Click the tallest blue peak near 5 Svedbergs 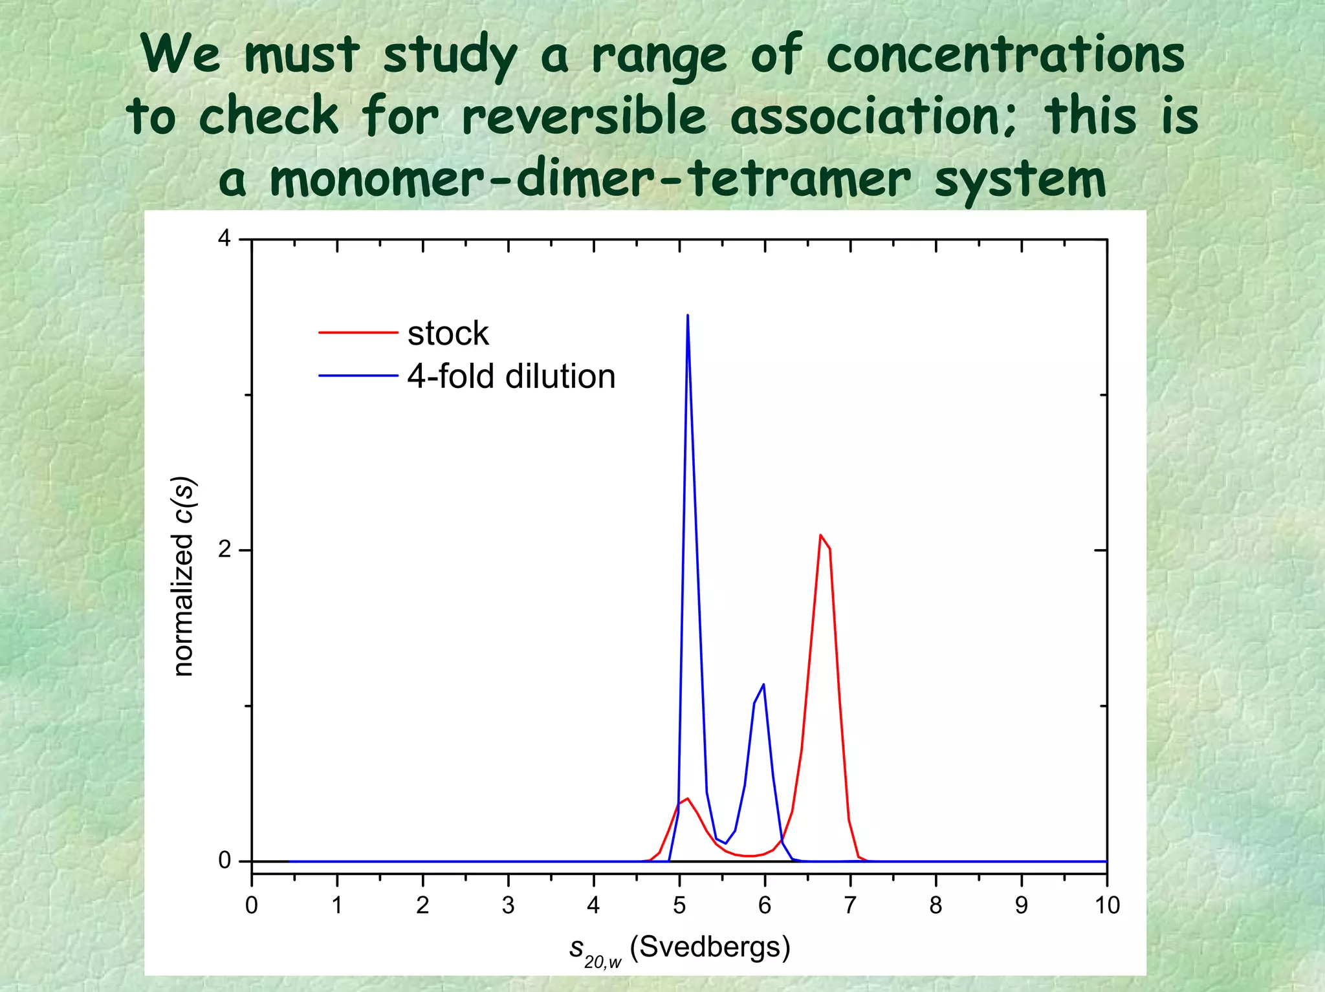[x=687, y=317]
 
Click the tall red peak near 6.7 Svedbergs [x=821, y=537]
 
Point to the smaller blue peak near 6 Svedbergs [x=763, y=685]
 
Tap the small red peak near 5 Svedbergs [x=687, y=799]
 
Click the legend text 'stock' [x=448, y=334]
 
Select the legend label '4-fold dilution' [x=511, y=376]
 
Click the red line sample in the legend [x=358, y=332]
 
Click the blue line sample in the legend [x=358, y=376]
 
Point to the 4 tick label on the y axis [x=224, y=239]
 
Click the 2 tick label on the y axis [x=224, y=550]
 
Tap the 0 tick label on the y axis [x=224, y=860]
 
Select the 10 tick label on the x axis [x=1107, y=905]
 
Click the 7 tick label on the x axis [x=850, y=905]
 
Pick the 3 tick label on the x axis [x=508, y=905]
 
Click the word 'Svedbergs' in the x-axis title [x=710, y=947]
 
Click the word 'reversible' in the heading [x=584, y=116]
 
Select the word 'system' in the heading [x=1020, y=179]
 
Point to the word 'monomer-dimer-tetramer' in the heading [x=590, y=179]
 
